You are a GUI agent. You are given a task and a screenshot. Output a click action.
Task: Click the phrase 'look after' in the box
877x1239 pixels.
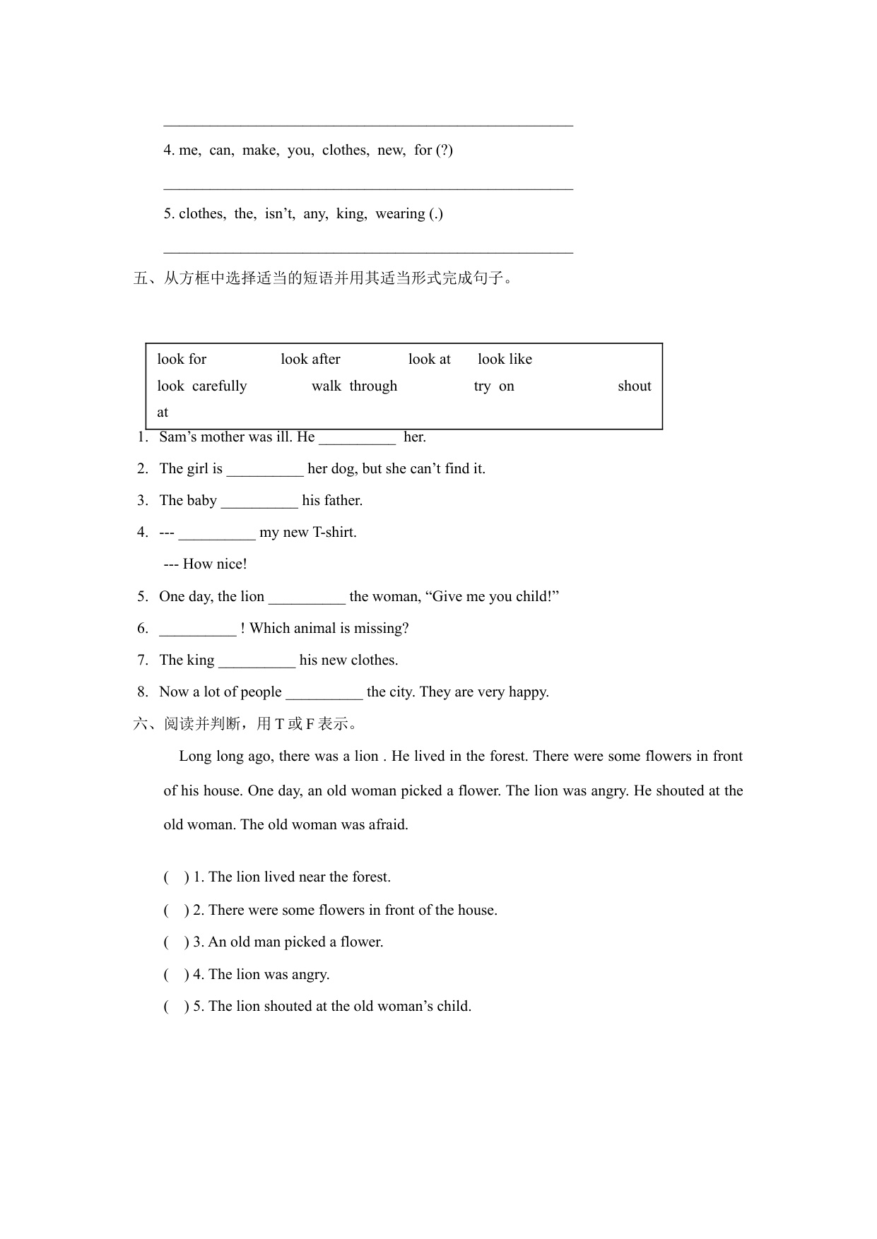[310, 359]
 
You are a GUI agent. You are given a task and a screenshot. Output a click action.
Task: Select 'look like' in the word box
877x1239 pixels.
[505, 359]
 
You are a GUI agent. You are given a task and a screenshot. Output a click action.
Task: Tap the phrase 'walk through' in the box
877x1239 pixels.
[354, 386]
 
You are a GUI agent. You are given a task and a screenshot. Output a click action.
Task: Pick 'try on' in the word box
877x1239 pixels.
[494, 386]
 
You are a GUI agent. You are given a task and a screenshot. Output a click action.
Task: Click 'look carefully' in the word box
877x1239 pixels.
[202, 386]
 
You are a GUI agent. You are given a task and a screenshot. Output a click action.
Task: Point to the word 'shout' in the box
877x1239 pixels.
[634, 386]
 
